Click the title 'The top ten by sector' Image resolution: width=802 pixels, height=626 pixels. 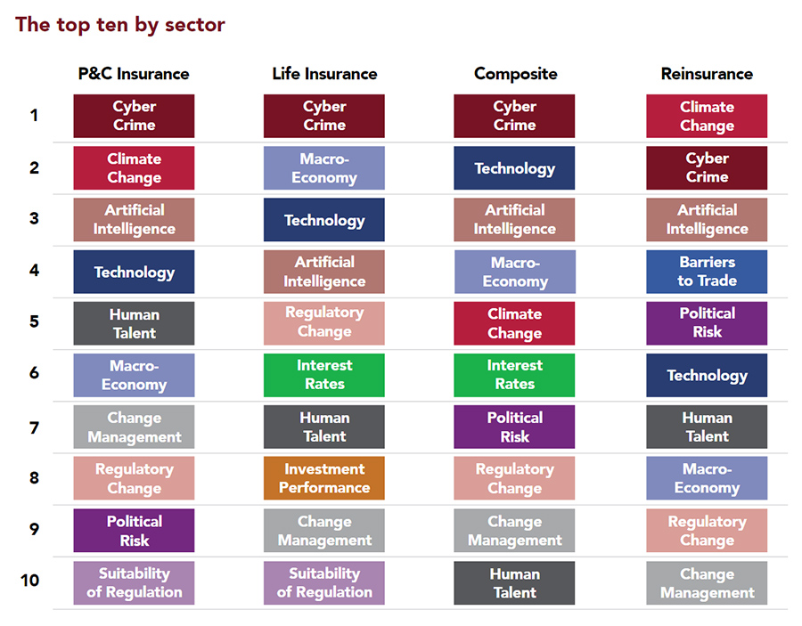pyautogui.click(x=120, y=25)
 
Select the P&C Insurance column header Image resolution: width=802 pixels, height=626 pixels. pyautogui.click(x=134, y=74)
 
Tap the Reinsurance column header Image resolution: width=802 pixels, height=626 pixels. pyautogui.click(x=707, y=74)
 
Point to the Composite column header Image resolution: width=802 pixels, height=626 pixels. pyautogui.click(x=515, y=74)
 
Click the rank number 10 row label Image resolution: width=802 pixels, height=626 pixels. pyautogui.click(x=30, y=581)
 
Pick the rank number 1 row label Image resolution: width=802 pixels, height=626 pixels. pyautogui.click(x=34, y=115)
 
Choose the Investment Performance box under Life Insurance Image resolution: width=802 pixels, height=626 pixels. pyautogui.click(x=324, y=478)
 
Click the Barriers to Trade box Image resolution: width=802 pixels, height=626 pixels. pyautogui.click(x=707, y=272)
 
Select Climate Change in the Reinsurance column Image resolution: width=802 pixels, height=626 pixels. pyautogui.click(x=707, y=116)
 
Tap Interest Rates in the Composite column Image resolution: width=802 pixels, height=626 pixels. pyautogui.click(x=514, y=375)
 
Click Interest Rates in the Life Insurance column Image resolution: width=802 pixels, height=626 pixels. pyautogui.click(x=324, y=375)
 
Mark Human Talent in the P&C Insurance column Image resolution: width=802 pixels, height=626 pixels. pyautogui.click(x=134, y=323)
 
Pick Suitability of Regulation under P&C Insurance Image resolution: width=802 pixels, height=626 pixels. pyautogui.click(x=134, y=582)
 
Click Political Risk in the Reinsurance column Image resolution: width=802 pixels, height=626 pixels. pyautogui.click(x=707, y=323)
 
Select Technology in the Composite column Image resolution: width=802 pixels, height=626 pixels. pyautogui.click(x=514, y=168)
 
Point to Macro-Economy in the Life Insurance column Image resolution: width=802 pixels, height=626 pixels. pyautogui.click(x=324, y=168)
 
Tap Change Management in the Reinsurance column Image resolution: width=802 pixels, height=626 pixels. pyautogui.click(x=707, y=583)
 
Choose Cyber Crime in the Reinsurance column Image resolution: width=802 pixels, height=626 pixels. pyautogui.click(x=707, y=168)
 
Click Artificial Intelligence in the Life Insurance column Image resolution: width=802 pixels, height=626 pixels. pyautogui.click(x=324, y=272)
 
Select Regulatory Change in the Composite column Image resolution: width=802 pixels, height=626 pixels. pyautogui.click(x=514, y=478)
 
